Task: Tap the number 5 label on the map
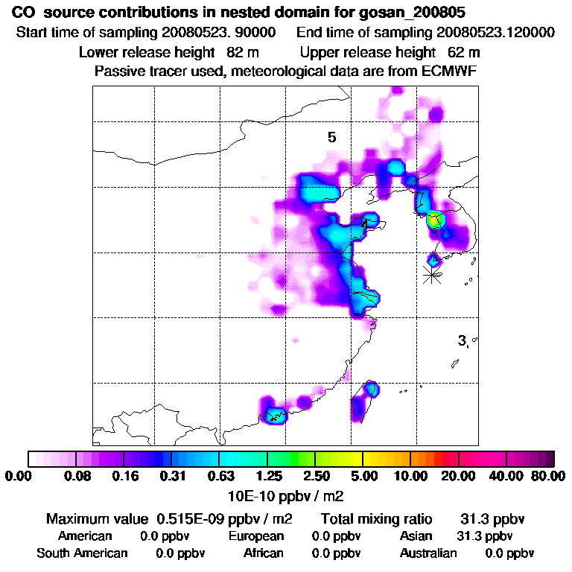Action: tap(332, 137)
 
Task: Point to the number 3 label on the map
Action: tap(463, 340)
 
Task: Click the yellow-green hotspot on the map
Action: tap(435, 220)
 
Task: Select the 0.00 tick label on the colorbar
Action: tap(19, 476)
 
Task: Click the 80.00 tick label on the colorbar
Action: tap(548, 476)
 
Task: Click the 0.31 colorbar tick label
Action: tap(172, 476)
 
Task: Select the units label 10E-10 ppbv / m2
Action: tap(285, 495)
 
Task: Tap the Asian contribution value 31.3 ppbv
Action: tap(484, 536)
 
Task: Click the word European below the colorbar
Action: tap(256, 536)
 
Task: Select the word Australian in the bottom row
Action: tap(428, 553)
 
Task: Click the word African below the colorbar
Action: tap(264, 553)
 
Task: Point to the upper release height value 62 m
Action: tap(464, 52)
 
